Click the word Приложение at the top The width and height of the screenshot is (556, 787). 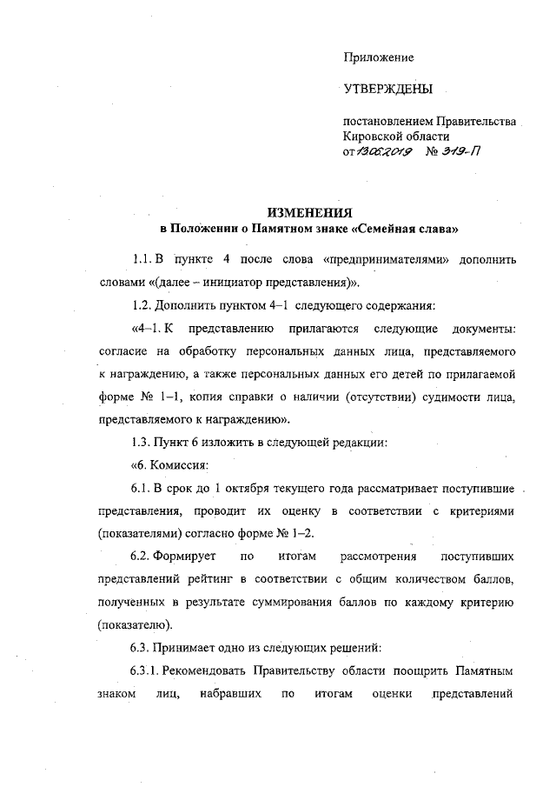tap(378, 57)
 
